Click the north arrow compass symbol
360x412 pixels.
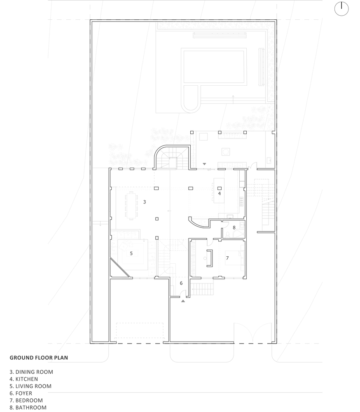tap(341, 9)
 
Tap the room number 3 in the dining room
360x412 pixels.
tap(145, 202)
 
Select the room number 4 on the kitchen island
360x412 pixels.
tap(220, 193)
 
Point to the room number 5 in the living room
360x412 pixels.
tap(131, 253)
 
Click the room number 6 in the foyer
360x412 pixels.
tap(181, 283)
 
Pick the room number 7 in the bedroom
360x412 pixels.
tap(227, 258)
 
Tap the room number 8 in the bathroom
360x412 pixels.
tap(234, 227)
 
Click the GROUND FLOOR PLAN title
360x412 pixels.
tap(39, 358)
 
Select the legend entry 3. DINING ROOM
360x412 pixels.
tap(31, 372)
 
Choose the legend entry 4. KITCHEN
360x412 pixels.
tap(23, 379)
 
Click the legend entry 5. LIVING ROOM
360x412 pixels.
tap(30, 386)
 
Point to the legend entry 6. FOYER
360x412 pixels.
tap(21, 393)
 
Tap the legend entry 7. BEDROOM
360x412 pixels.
tap(26, 400)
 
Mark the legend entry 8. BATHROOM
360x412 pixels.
tap(28, 407)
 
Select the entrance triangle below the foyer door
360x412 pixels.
tap(183, 301)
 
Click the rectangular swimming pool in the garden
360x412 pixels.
tap(215, 66)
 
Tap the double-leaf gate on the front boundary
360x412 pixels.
tap(252, 332)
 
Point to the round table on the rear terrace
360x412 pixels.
tap(226, 152)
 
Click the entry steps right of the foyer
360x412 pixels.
tap(203, 289)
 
